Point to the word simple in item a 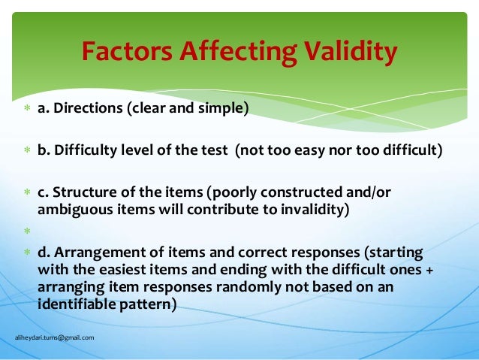224,109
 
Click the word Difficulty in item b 82,150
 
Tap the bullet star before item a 26,110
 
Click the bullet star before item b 26,151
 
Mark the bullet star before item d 26,252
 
